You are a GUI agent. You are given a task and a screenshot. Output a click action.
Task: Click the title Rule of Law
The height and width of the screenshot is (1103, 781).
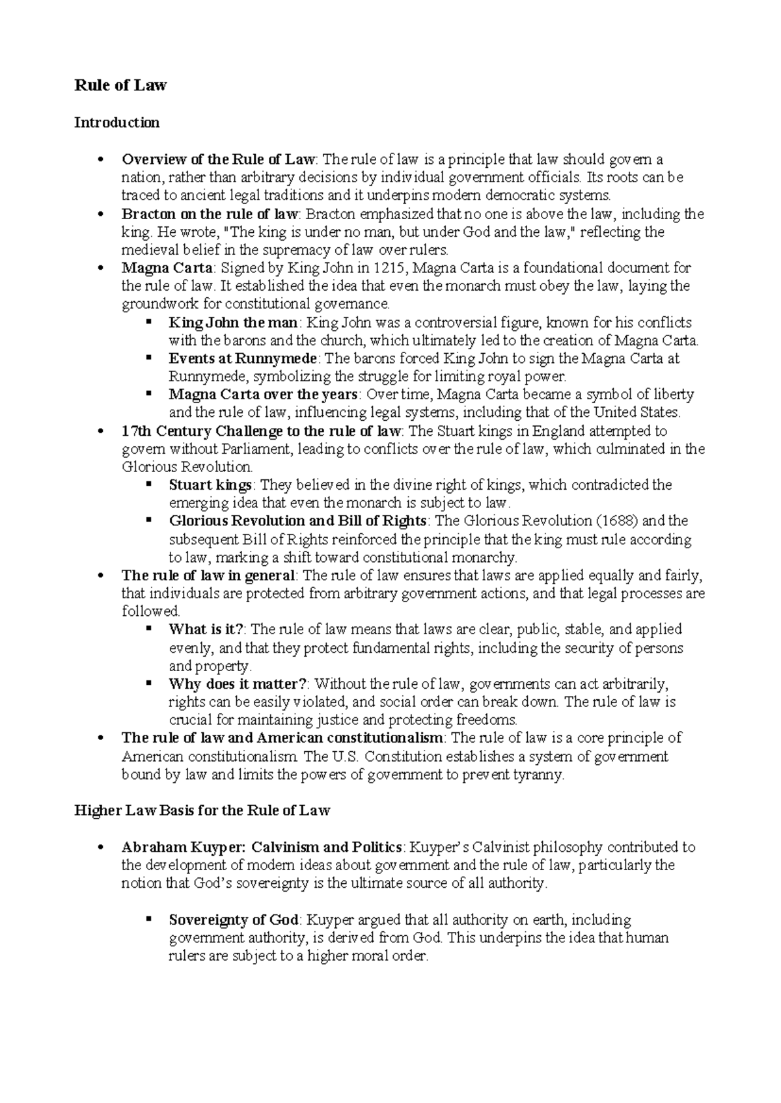pos(120,85)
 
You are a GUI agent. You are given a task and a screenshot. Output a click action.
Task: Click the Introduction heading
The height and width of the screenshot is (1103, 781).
pos(116,122)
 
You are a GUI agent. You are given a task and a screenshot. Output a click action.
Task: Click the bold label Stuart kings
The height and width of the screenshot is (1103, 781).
pos(210,485)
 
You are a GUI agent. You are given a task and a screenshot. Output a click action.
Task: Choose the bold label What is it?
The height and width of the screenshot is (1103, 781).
pos(206,630)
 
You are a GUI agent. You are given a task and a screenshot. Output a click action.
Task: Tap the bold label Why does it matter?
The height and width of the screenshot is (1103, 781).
pos(238,684)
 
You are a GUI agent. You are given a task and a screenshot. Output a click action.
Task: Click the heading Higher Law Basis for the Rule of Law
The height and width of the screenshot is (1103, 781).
pos(202,810)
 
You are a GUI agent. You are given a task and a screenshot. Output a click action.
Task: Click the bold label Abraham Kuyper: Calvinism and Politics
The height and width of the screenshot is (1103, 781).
pos(262,847)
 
